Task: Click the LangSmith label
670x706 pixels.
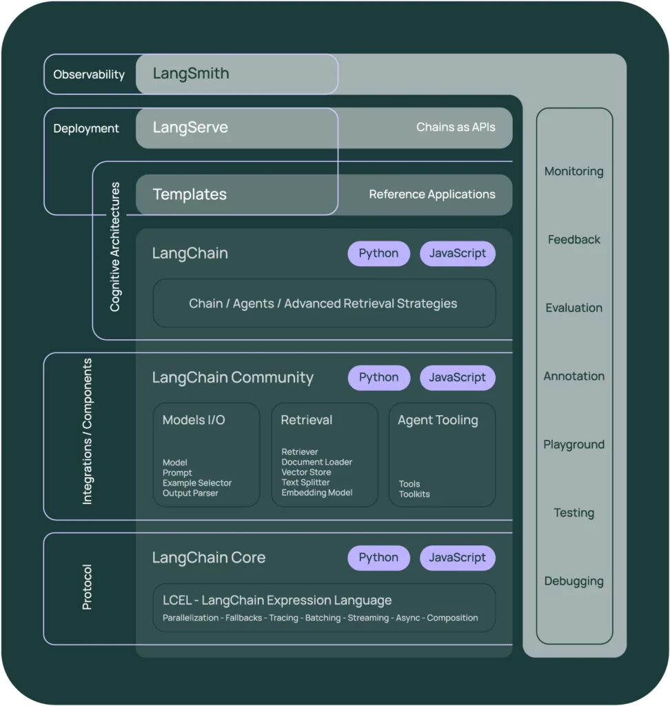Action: (191, 74)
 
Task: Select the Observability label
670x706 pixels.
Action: (89, 74)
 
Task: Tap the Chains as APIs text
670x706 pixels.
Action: (456, 128)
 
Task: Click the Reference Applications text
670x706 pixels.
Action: (432, 194)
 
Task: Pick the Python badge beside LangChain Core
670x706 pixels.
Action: (378, 558)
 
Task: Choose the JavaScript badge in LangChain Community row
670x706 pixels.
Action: (457, 378)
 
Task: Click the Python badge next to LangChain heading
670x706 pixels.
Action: (378, 254)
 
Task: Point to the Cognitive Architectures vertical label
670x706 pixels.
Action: (115, 247)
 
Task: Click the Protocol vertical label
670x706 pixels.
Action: (87, 587)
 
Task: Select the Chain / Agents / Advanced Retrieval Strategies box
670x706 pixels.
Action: (323, 303)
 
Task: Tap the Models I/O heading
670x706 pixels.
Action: (194, 420)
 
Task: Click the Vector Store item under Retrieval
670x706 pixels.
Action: (306, 472)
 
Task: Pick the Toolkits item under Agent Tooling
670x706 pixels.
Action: (414, 494)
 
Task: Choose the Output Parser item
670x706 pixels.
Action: (190, 493)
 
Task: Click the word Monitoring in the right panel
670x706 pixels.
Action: (573, 172)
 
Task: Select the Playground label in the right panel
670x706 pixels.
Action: (573, 445)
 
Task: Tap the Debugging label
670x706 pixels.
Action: (573, 581)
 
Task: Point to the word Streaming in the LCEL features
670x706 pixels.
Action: (368, 618)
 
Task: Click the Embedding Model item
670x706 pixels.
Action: (317, 493)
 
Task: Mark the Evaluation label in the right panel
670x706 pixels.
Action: (573, 308)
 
